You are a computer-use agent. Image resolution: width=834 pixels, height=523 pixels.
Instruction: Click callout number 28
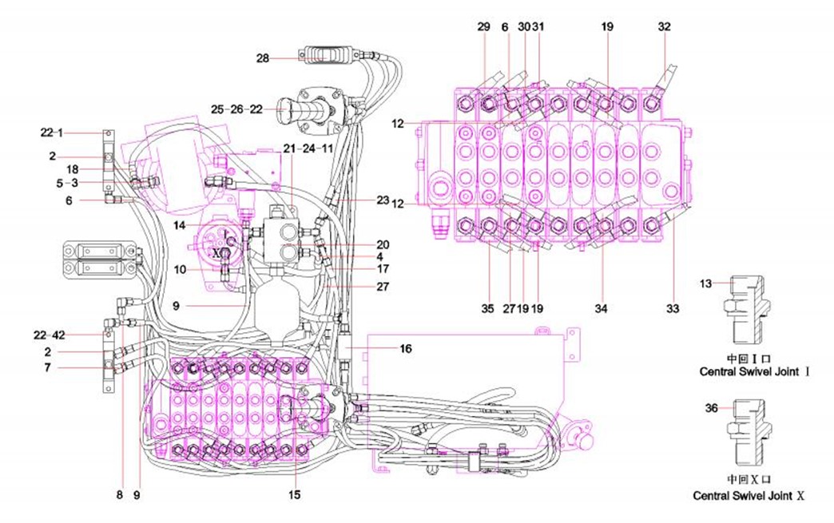263,57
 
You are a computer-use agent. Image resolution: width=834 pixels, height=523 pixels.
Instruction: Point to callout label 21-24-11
309,149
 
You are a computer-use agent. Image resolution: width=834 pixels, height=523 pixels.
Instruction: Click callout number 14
179,226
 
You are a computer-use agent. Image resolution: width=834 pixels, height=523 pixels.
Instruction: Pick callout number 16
405,348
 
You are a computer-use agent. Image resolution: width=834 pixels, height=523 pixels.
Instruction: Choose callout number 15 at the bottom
295,495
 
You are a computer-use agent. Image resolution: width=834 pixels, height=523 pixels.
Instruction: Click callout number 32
665,26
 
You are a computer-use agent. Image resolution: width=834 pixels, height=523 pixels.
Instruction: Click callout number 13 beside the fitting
705,283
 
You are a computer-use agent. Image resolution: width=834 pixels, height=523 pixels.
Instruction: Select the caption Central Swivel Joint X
749,496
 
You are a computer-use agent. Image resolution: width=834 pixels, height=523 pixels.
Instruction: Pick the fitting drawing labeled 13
745,315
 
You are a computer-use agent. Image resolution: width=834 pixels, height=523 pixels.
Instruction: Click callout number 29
483,26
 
